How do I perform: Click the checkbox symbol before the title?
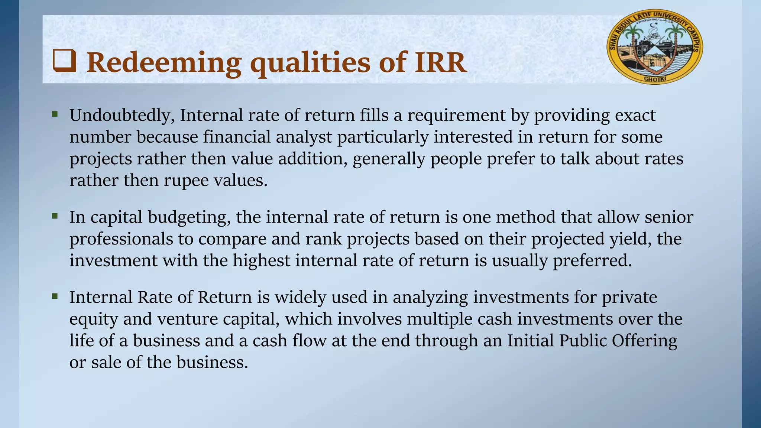pyautogui.click(x=65, y=61)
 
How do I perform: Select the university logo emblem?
pyautogui.click(x=655, y=46)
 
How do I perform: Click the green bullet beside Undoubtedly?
pyautogui.click(x=55, y=114)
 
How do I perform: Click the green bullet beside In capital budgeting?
pyautogui.click(x=55, y=215)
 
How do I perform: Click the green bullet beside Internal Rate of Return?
pyautogui.click(x=55, y=296)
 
